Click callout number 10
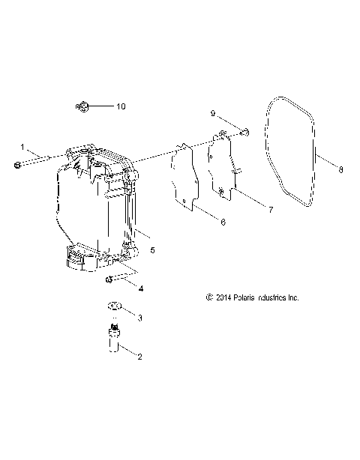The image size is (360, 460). [x=121, y=106]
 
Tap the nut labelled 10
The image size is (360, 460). [x=82, y=106]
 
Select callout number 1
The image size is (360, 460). [x=22, y=147]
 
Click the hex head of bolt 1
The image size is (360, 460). [x=17, y=166]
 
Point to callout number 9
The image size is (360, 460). [x=213, y=113]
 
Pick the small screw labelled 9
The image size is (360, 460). [x=245, y=133]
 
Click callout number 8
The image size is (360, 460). [x=340, y=169]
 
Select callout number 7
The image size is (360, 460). [x=271, y=210]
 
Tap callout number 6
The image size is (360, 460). [x=223, y=222]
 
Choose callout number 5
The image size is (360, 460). [x=152, y=250]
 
